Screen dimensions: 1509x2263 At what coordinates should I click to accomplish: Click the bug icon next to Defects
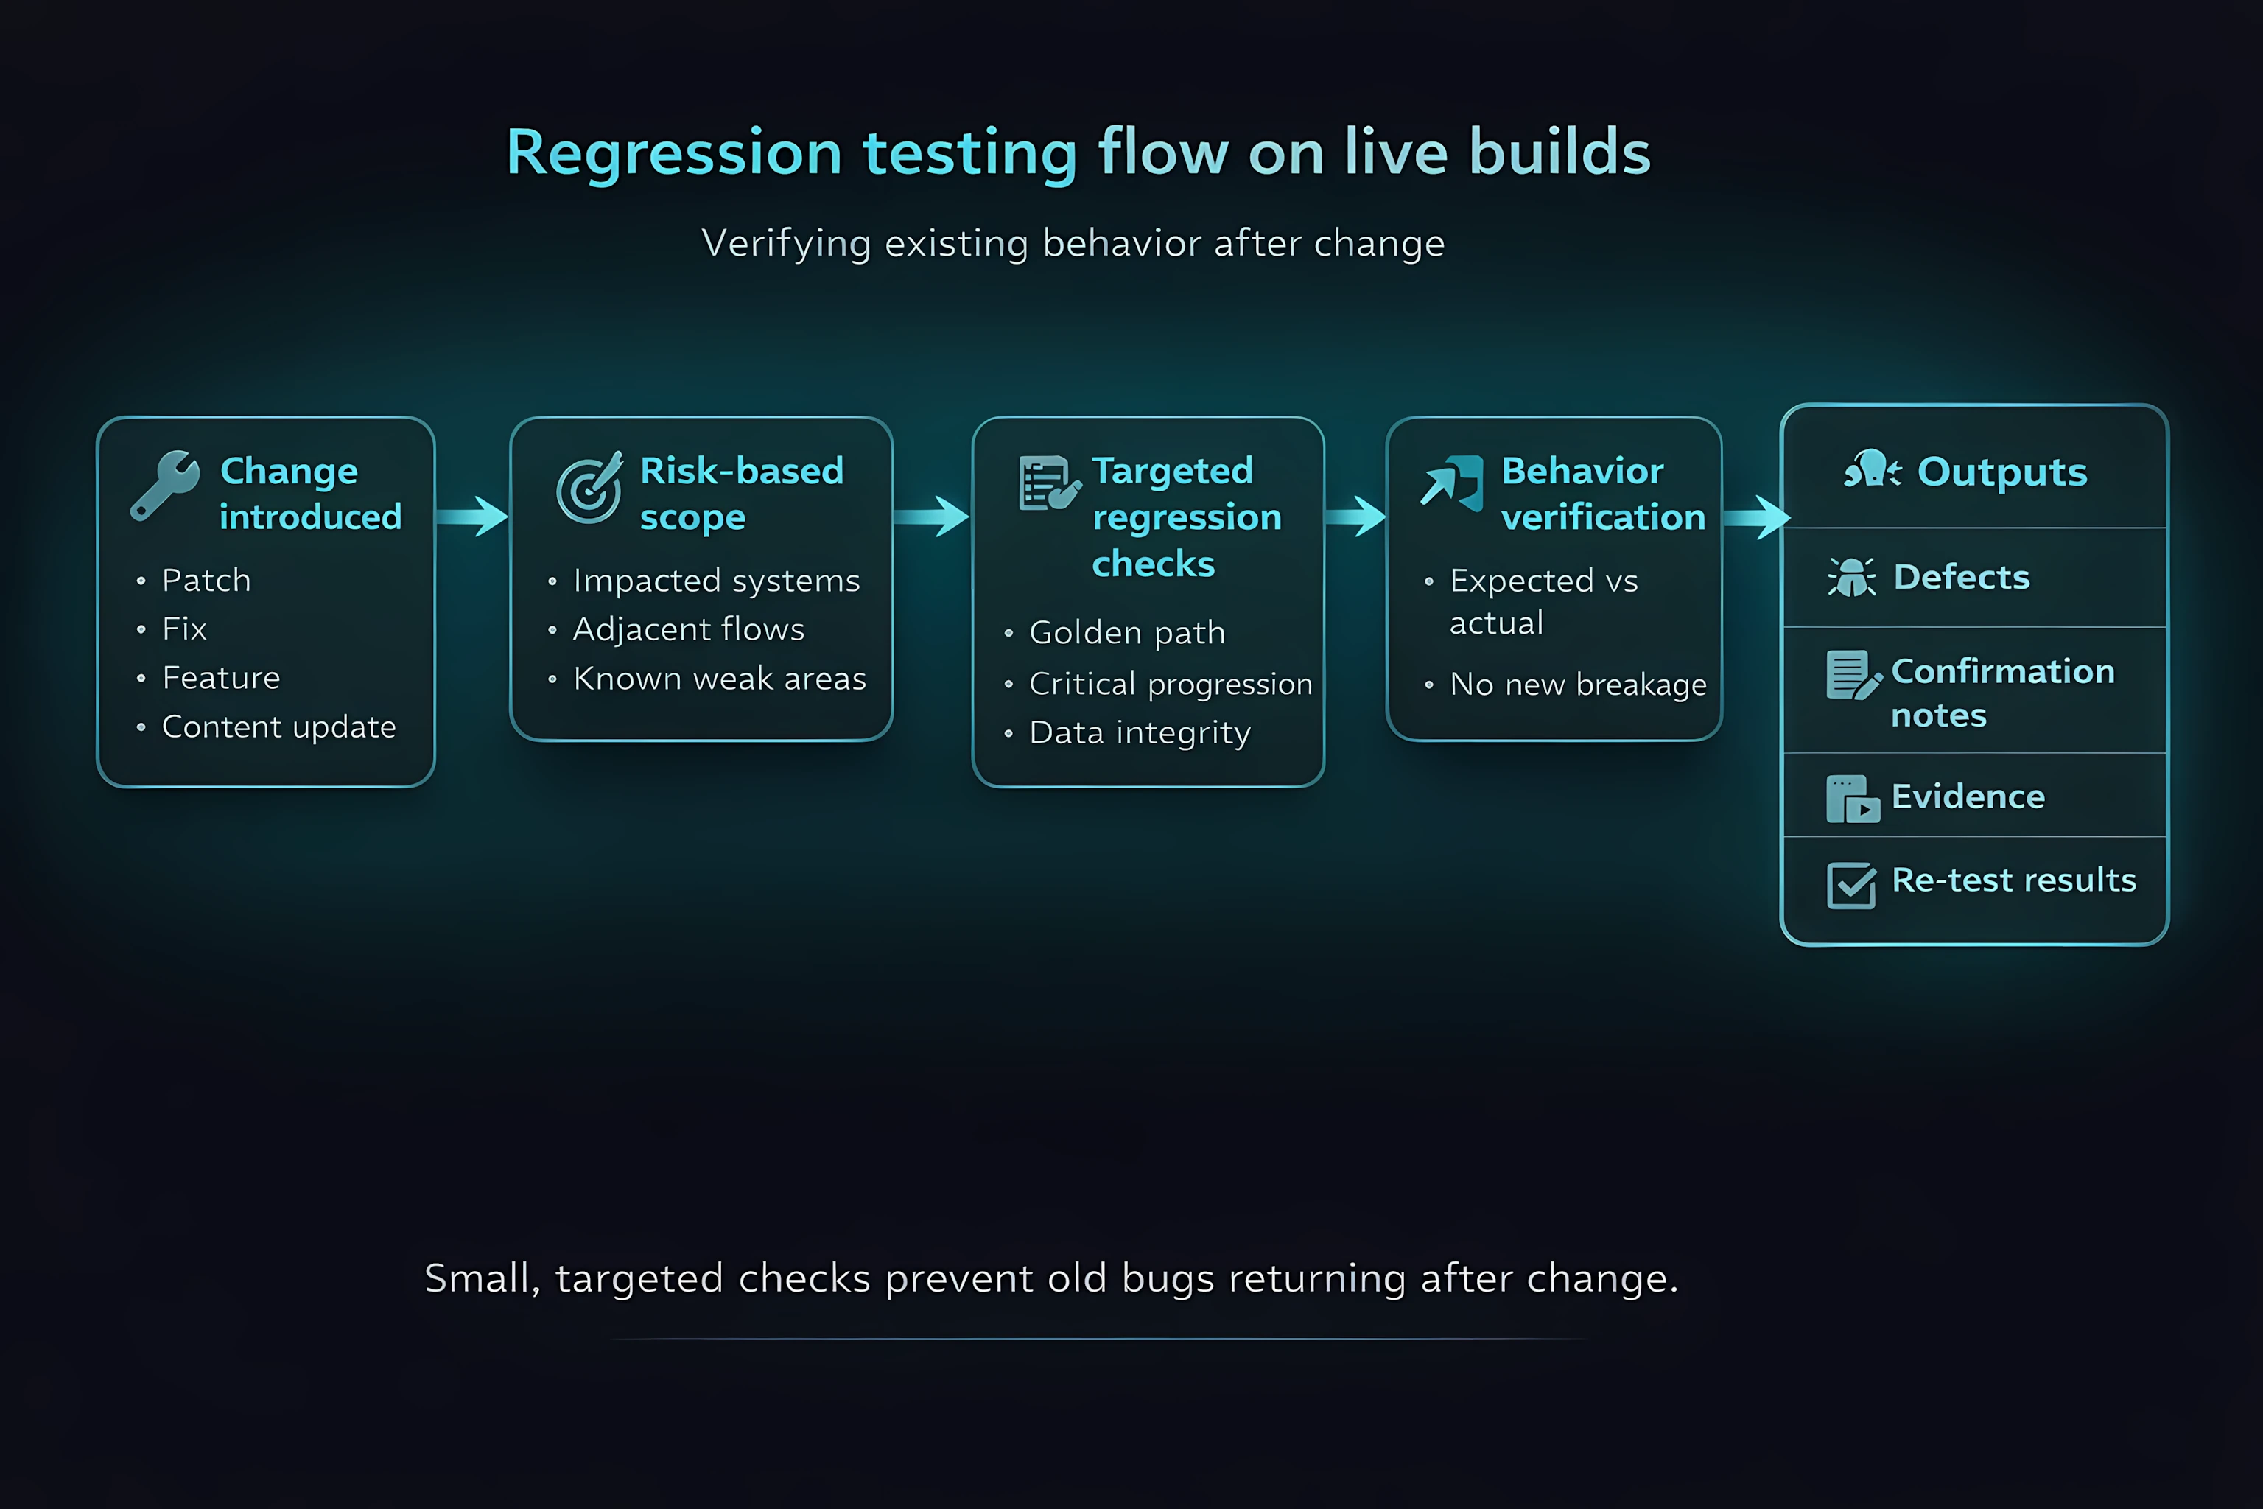pos(1850,578)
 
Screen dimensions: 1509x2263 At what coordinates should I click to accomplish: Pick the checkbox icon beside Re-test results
pos(1850,884)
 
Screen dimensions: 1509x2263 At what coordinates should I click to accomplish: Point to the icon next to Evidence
pos(1851,799)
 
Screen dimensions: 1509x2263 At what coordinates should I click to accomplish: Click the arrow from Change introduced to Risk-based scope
pos(472,517)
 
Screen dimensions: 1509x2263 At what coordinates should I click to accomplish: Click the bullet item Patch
pos(206,581)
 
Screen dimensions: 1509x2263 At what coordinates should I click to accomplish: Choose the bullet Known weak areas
pos(719,679)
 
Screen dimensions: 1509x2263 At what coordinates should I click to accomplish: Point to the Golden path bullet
pos(1126,632)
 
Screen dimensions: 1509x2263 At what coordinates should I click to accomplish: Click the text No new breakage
pos(1578,685)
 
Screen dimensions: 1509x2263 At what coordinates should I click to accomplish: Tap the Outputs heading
pos(2001,472)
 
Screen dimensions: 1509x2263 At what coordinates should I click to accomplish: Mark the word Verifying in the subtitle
pos(786,243)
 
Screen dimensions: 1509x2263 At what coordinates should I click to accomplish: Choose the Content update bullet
pos(278,727)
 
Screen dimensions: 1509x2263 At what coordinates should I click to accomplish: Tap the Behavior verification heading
pos(1602,494)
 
